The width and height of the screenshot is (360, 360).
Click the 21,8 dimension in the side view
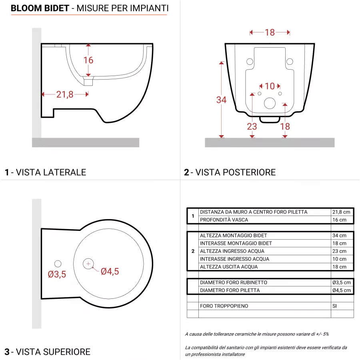[65, 94]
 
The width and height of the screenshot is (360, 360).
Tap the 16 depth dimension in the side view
[88, 60]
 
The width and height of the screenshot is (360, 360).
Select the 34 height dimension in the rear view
[221, 100]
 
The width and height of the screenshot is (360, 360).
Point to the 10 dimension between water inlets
[270, 86]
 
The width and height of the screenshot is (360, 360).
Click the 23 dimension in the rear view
[252, 126]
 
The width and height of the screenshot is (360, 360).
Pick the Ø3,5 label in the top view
[57, 274]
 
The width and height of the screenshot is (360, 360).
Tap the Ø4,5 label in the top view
[110, 271]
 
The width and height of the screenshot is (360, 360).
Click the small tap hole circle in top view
[58, 264]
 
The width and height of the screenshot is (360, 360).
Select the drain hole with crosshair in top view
[88, 263]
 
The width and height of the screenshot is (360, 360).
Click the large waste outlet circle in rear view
[270, 103]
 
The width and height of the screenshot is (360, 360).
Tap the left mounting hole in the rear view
[250, 62]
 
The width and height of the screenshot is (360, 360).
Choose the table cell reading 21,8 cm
[341, 212]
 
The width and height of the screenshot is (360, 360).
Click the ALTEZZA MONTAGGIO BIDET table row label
[234, 236]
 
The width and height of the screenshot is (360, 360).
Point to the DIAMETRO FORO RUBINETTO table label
[234, 282]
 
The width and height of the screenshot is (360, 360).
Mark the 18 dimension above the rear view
[270, 32]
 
